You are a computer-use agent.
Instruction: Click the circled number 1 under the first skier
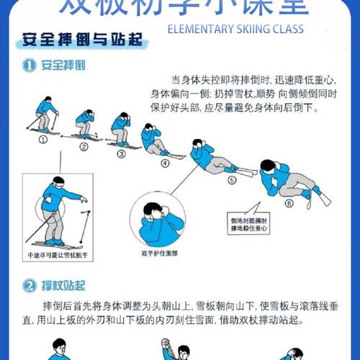click(42, 140)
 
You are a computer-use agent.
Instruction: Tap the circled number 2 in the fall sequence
click(84, 147)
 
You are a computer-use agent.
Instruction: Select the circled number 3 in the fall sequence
click(121, 153)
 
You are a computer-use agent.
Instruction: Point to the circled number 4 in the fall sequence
click(164, 163)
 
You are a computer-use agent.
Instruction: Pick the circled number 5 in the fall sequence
click(232, 181)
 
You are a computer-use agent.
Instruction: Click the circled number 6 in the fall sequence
click(289, 204)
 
